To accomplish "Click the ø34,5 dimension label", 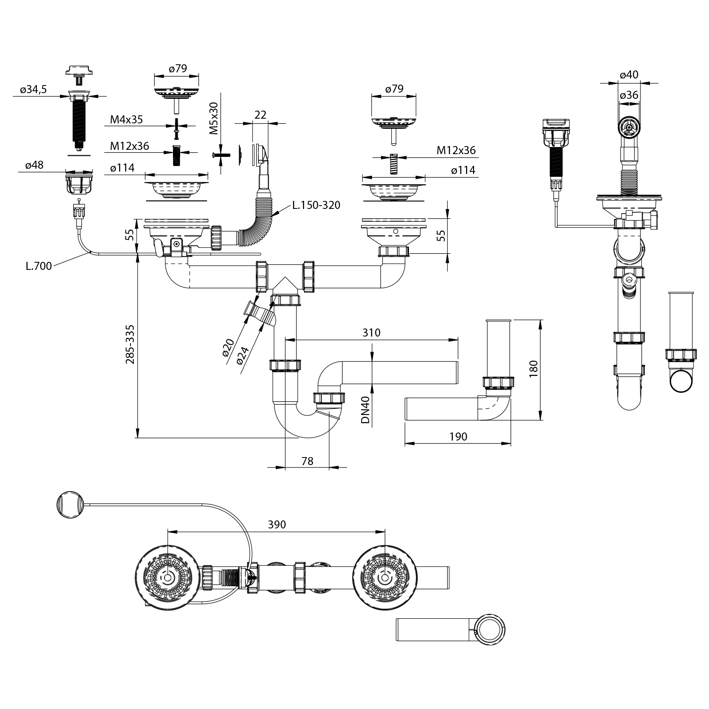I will point(33,90).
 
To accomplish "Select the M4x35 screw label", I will point(126,119).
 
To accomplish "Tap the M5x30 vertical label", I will point(214,118).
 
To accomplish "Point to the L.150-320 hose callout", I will point(316,205).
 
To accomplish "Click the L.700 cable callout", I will point(39,266).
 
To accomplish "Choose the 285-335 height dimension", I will point(130,344).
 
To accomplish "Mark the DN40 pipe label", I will point(365,409).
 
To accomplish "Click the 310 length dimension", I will point(372,332).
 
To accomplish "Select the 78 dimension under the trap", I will point(307,461).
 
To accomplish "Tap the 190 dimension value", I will point(458,436).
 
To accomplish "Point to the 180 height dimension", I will point(533,370).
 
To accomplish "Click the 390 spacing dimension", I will point(277,524).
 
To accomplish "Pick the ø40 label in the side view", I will point(629,75).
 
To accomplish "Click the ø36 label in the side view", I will point(629,95).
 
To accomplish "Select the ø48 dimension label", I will point(35,165).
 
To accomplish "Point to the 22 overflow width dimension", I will point(260,115).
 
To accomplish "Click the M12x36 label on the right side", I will point(456,150).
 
